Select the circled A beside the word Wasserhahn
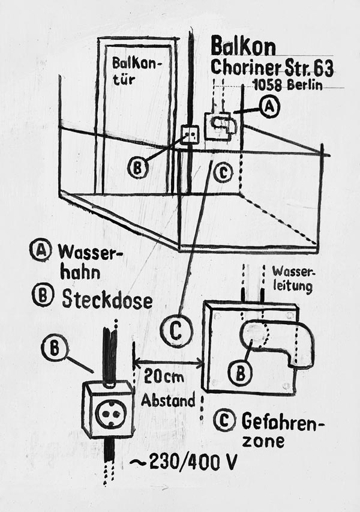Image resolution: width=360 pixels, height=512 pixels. coord(40,250)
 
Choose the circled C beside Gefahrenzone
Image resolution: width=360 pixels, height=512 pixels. coord(223,421)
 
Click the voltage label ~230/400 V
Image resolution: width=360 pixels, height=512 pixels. coord(184,463)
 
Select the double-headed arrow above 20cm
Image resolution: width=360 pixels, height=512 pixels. coord(168,362)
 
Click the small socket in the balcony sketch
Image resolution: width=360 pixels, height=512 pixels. coord(190,134)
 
